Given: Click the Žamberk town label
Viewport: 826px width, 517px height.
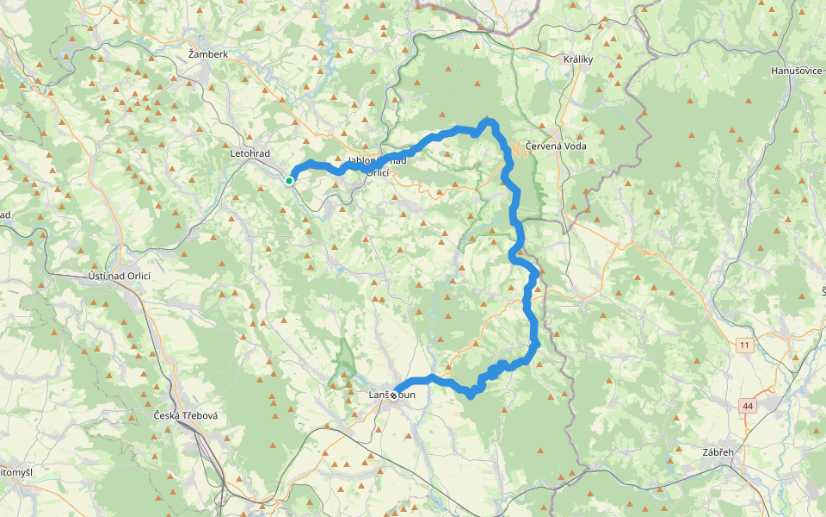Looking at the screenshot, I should pos(208,54).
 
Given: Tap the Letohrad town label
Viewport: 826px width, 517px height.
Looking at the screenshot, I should pos(250,153).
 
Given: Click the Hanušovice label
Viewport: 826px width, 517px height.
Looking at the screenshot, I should pos(798,70).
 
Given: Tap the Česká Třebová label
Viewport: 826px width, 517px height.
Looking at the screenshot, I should pos(185,415).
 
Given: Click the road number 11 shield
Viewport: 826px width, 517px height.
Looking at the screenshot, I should pos(743,345).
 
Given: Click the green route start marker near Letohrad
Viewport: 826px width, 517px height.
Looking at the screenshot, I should pos(290,180).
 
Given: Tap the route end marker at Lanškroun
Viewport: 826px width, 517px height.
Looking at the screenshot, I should pos(394,396).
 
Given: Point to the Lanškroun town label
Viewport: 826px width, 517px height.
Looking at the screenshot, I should pos(391,395).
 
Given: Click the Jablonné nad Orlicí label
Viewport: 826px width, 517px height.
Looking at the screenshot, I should pos(376,166).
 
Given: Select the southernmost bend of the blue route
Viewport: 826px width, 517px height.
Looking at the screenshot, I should pos(470,395).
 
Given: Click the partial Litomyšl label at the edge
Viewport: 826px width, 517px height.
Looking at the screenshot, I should pos(15,472).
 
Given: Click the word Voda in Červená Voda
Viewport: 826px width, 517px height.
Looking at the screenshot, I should pos(572,146).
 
